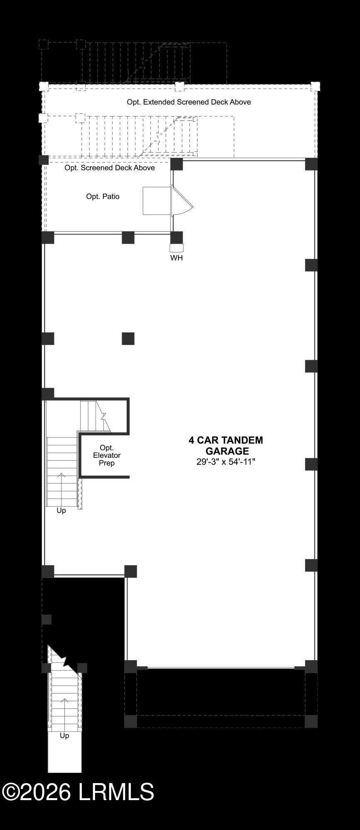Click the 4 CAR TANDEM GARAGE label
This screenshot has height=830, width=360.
[x=226, y=445]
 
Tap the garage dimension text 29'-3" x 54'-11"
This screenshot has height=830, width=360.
[x=226, y=461]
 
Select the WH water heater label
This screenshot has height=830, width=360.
[x=176, y=258]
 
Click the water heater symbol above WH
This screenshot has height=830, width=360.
[x=176, y=248]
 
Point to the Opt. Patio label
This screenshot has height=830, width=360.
[x=103, y=196]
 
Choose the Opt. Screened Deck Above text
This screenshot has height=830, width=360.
[x=110, y=168]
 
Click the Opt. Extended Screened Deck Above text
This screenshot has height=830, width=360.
[x=189, y=102]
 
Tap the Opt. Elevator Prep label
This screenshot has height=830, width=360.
[x=107, y=455]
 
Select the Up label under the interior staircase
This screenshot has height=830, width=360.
[x=61, y=510]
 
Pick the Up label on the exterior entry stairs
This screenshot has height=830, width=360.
[x=64, y=736]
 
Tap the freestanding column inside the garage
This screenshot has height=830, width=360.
[x=128, y=339]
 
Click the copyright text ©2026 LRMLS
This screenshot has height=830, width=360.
[x=78, y=791]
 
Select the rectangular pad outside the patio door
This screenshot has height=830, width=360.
[x=157, y=201]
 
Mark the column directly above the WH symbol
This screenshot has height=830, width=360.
[x=176, y=238]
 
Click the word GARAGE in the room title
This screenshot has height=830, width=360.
[x=227, y=451]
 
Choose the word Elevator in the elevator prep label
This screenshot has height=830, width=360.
[x=107, y=455]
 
